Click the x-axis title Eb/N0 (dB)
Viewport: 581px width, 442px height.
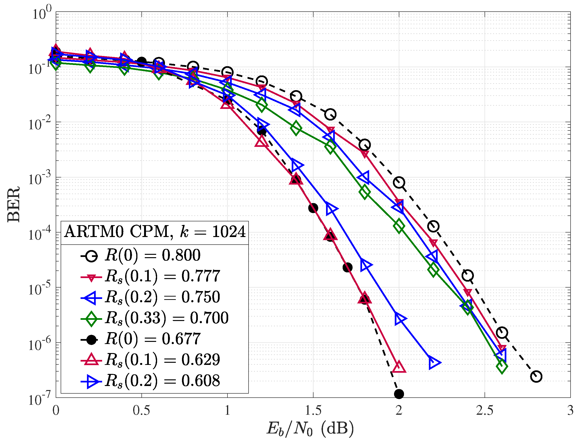[310, 428]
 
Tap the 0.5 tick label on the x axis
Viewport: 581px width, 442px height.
[141, 411]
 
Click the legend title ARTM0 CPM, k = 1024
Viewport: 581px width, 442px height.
[155, 232]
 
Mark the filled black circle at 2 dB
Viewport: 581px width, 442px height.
[399, 394]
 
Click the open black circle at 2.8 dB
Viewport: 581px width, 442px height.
[536, 377]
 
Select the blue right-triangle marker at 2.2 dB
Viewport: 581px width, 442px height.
[434, 363]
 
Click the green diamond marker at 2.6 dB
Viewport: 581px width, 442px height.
[502, 366]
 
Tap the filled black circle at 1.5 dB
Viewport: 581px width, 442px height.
[313, 208]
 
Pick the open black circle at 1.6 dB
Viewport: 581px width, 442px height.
[330, 114]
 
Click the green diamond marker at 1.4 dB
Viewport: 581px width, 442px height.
[296, 128]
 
